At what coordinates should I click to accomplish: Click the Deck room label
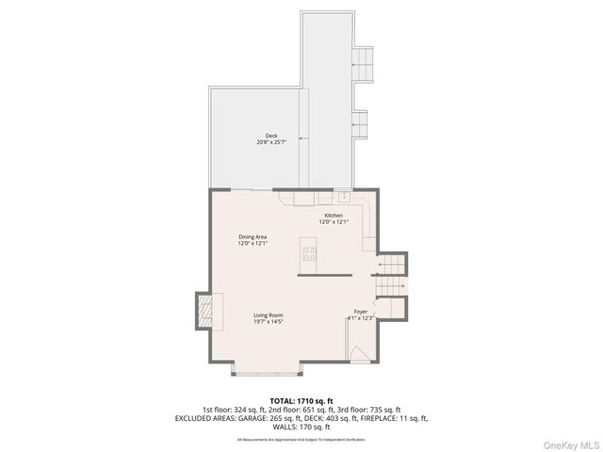(x=271, y=135)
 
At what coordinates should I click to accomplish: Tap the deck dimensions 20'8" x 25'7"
(x=271, y=142)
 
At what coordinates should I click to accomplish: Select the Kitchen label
(x=334, y=216)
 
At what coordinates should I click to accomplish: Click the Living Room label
(x=268, y=315)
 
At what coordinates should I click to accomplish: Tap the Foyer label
(x=361, y=312)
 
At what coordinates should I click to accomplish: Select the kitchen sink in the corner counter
(x=344, y=198)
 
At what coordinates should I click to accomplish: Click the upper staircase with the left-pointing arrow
(x=391, y=265)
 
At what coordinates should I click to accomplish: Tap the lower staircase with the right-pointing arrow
(x=390, y=283)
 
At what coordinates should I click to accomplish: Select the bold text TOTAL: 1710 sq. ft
(x=301, y=400)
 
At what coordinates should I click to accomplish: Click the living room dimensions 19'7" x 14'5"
(x=268, y=322)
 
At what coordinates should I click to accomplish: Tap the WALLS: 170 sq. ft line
(x=301, y=427)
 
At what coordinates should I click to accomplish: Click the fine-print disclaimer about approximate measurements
(x=301, y=440)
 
